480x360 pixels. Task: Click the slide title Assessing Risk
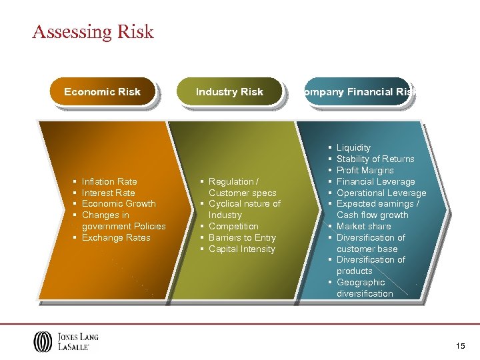pyautogui.click(x=93, y=32)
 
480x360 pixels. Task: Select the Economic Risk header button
pyautogui.click(x=102, y=92)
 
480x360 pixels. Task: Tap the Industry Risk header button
pyautogui.click(x=229, y=92)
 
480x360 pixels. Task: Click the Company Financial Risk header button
pyautogui.click(x=356, y=92)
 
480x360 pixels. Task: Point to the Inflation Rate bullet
pyautogui.click(x=109, y=181)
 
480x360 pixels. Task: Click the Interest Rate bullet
pyautogui.click(x=108, y=193)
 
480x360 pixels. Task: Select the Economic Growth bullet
pyautogui.click(x=118, y=204)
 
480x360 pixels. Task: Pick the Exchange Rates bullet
pyautogui.click(x=116, y=238)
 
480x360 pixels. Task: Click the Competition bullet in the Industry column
pyautogui.click(x=233, y=227)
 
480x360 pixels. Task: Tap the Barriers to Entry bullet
pyautogui.click(x=242, y=238)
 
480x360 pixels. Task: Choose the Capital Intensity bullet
pyautogui.click(x=241, y=249)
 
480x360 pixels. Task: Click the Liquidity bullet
pyautogui.click(x=353, y=147)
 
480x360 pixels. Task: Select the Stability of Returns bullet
pyautogui.click(x=375, y=159)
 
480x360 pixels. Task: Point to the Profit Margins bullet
pyautogui.click(x=365, y=170)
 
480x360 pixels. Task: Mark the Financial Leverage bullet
pyautogui.click(x=375, y=181)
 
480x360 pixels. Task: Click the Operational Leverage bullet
pyautogui.click(x=381, y=193)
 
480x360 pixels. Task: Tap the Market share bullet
pyautogui.click(x=363, y=227)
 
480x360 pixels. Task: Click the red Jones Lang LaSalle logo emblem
pyautogui.click(x=41, y=341)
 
